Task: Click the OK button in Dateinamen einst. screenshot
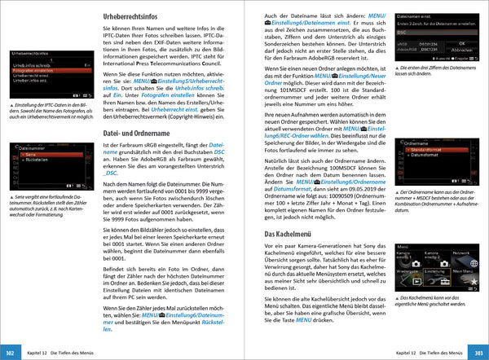click(x=461, y=43)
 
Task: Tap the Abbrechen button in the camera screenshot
click(x=461, y=50)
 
